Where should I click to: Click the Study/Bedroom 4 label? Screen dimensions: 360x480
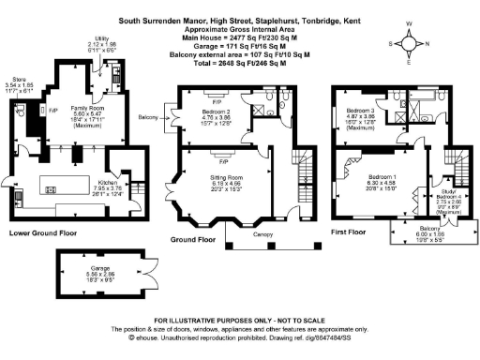coord(448,196)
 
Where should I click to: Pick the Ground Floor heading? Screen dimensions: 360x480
coord(194,239)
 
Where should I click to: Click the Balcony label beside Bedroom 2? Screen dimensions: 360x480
coord(147,117)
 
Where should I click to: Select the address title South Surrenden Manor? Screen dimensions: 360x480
coord(240,19)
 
